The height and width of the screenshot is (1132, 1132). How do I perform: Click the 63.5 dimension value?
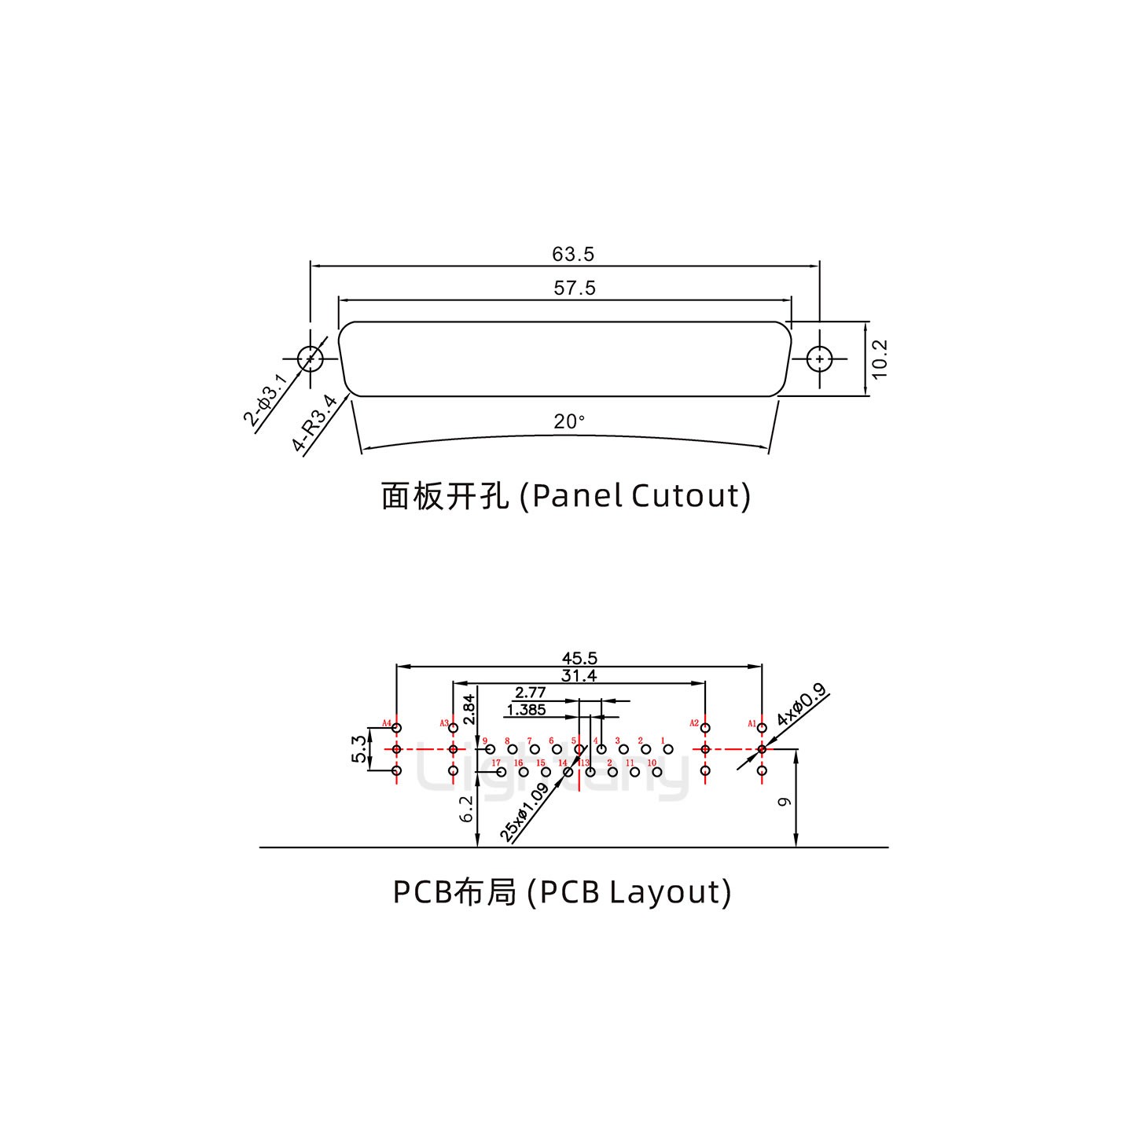tap(573, 255)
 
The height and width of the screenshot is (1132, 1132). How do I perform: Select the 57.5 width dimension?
tap(575, 289)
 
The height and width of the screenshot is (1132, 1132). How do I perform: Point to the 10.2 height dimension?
tap(880, 358)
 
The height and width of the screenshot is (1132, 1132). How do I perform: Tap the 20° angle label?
tap(569, 422)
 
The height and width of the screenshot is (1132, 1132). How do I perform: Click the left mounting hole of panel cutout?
tap(311, 359)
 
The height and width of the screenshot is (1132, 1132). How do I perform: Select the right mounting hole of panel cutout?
tap(820, 359)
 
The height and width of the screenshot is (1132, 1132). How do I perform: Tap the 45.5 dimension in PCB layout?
tap(579, 659)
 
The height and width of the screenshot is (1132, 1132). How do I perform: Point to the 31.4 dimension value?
tap(579, 676)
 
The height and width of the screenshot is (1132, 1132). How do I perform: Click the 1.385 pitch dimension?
tap(527, 711)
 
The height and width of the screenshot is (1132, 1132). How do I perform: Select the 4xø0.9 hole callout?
tap(801, 706)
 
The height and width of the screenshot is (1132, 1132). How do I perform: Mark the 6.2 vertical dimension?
tap(467, 809)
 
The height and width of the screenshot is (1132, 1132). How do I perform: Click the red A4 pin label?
tap(386, 722)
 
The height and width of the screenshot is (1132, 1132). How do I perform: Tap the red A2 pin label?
tap(694, 722)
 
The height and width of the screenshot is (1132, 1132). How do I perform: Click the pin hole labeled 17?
tap(502, 772)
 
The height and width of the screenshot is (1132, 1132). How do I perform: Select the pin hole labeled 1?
tap(668, 749)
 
